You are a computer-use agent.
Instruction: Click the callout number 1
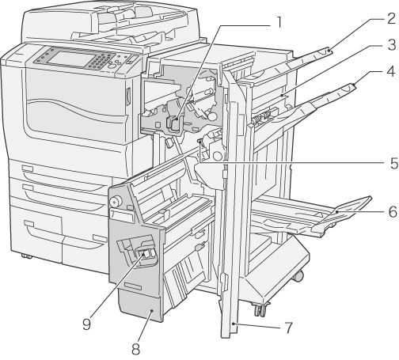click(x=276, y=23)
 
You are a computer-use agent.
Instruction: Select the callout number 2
click(x=391, y=18)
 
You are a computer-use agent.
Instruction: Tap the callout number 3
click(x=392, y=44)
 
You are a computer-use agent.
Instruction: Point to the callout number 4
click(x=391, y=71)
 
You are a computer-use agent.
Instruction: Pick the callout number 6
click(x=393, y=212)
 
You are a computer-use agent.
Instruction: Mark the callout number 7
click(x=289, y=328)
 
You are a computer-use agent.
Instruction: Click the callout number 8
click(x=135, y=349)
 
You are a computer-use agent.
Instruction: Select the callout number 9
click(x=86, y=323)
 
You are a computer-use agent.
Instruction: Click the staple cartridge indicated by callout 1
click(x=173, y=123)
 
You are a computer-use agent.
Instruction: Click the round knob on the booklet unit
click(x=116, y=202)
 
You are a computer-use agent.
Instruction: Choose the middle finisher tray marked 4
click(x=303, y=111)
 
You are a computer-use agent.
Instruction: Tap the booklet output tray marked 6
click(x=311, y=216)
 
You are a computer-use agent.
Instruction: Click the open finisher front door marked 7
click(x=230, y=206)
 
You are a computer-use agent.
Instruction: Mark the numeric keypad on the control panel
click(x=101, y=62)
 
